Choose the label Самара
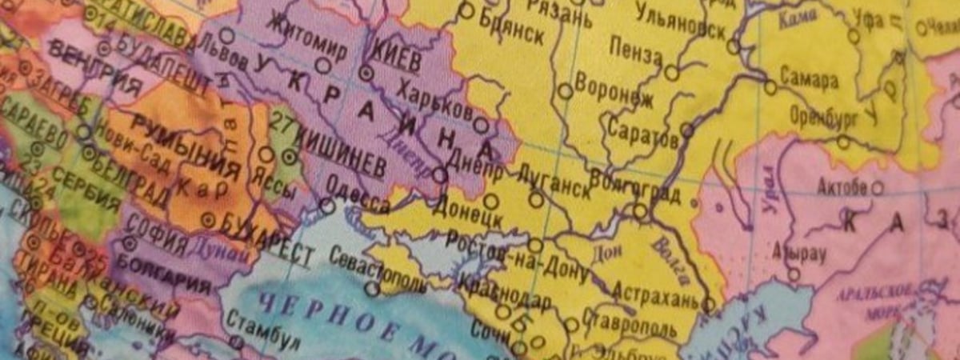[x=811, y=81]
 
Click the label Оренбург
[x=823, y=118]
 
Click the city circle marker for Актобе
[x=878, y=189]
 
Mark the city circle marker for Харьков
[x=480, y=125]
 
